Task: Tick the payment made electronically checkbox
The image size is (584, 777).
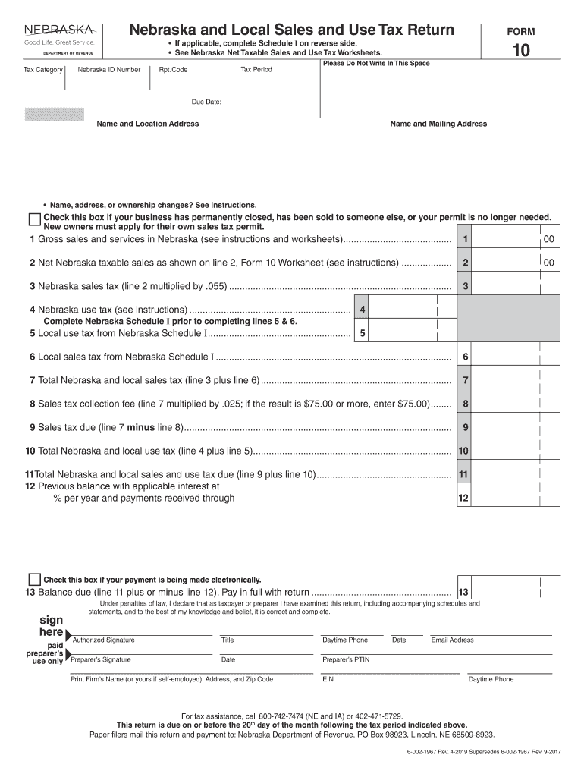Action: coord(34,579)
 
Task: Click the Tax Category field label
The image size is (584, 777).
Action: coord(43,70)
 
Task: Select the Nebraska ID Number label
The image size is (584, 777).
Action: coord(109,70)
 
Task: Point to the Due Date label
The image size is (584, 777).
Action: coord(206,101)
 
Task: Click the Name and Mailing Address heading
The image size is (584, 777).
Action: coord(438,124)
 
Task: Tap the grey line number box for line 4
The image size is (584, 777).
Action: coord(363,310)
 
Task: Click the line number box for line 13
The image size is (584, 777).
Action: coord(463,592)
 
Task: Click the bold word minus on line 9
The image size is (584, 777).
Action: coord(141,427)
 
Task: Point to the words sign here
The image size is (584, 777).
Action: coord(51,626)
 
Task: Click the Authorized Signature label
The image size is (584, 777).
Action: coord(103,640)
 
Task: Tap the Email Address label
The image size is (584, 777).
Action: coord(452,640)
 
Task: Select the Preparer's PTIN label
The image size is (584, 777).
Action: coord(346,660)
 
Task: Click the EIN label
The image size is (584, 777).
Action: coord(328,680)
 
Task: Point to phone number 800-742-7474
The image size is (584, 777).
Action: coord(286,716)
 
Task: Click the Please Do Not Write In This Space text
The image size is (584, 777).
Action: coord(376,64)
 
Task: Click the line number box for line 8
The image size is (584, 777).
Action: coord(466,404)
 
